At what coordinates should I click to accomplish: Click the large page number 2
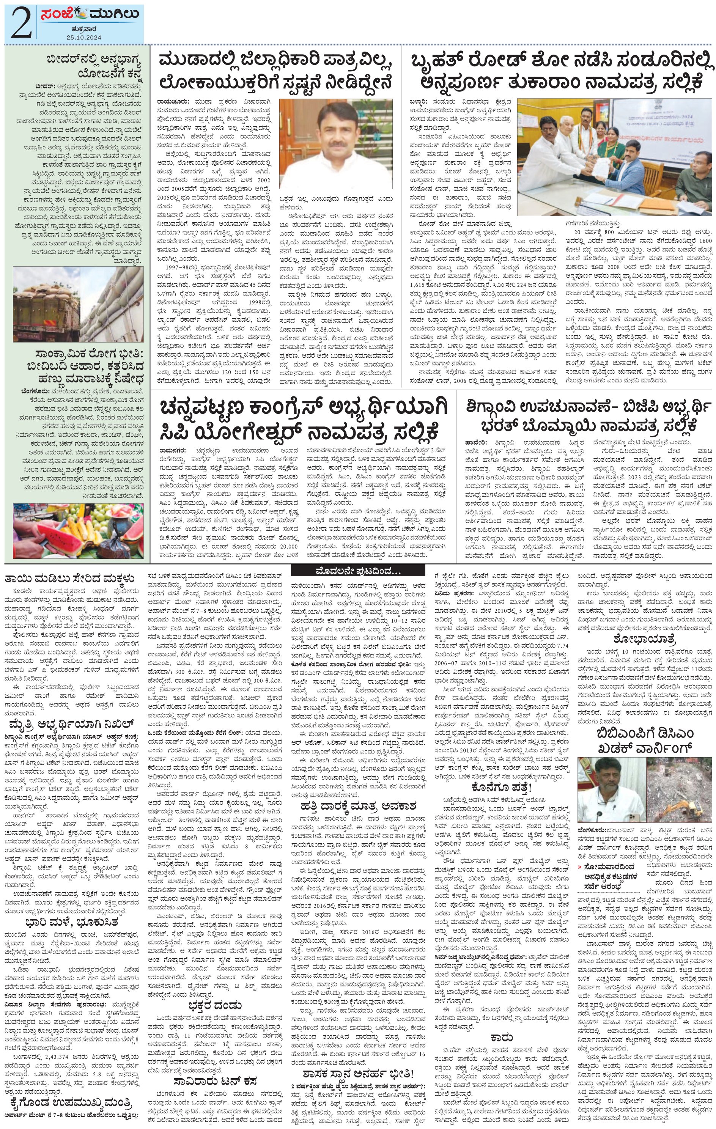pyautogui.click(x=20, y=24)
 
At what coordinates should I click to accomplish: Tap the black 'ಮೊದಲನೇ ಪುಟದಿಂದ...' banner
pyautogui.click(x=358, y=572)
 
